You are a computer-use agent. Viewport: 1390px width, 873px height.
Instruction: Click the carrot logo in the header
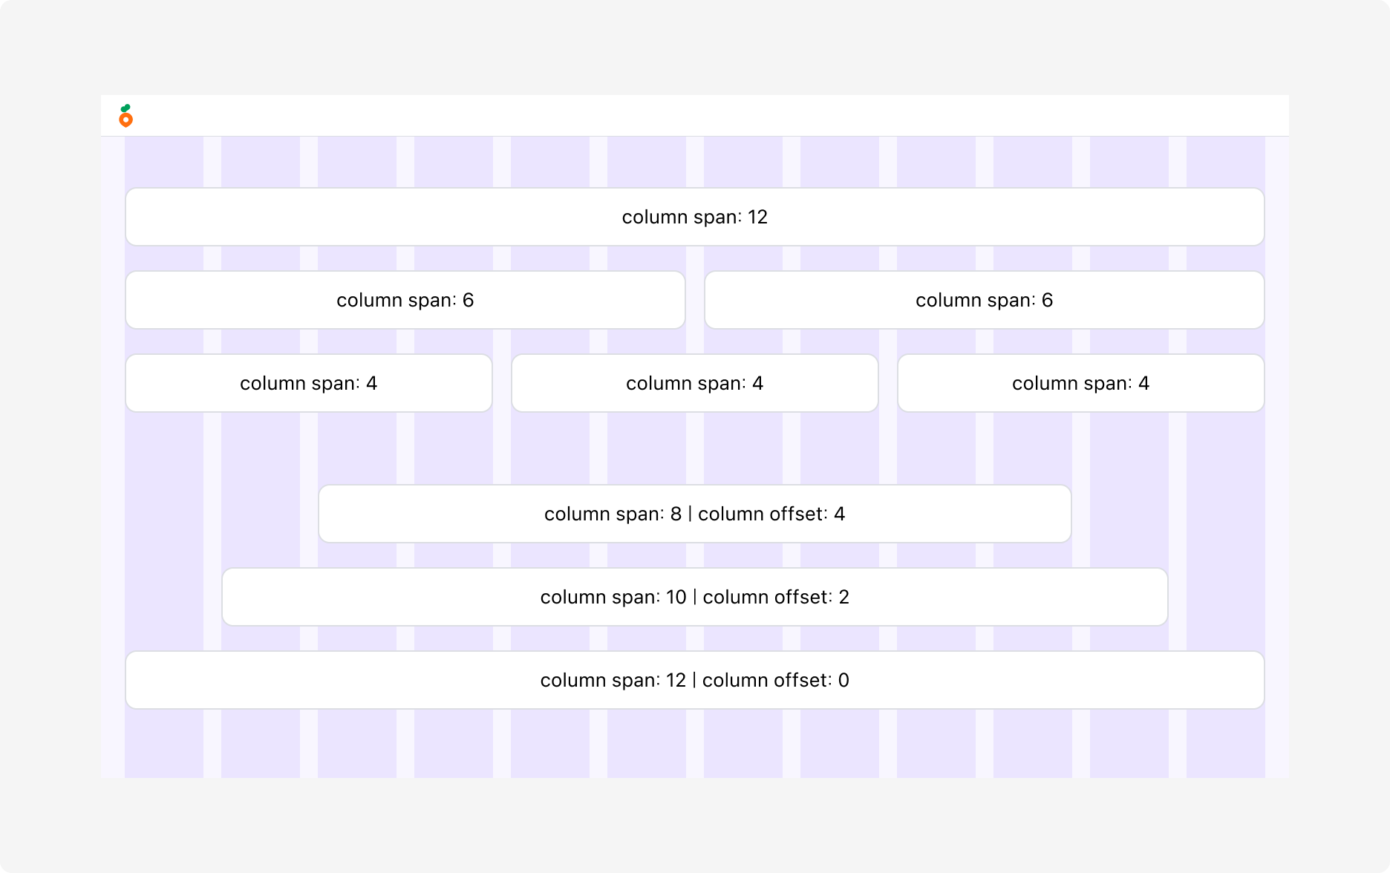126,116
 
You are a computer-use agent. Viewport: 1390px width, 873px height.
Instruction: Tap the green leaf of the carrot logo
125,108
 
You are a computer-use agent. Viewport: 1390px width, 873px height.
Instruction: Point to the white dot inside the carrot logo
126,120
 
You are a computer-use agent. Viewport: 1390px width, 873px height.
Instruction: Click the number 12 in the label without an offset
757,217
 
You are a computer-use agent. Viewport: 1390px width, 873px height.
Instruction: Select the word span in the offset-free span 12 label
714,218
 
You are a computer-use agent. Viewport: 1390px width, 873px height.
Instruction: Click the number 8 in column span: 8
676,514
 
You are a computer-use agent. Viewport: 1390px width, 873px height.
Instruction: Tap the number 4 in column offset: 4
840,514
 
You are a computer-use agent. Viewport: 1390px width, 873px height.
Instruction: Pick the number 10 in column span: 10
676,597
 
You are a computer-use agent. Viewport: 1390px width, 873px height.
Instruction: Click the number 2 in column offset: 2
844,597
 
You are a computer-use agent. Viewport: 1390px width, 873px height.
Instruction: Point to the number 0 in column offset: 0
844,680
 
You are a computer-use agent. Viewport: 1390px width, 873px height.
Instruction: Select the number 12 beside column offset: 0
676,680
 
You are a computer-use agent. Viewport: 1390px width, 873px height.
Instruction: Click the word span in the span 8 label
637,515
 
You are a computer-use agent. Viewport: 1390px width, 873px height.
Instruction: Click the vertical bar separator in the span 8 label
690,514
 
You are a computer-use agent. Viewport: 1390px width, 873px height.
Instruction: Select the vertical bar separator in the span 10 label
695,597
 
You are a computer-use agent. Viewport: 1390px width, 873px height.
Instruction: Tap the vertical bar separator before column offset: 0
694,680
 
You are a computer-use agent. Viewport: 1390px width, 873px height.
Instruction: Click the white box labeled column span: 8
695,514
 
